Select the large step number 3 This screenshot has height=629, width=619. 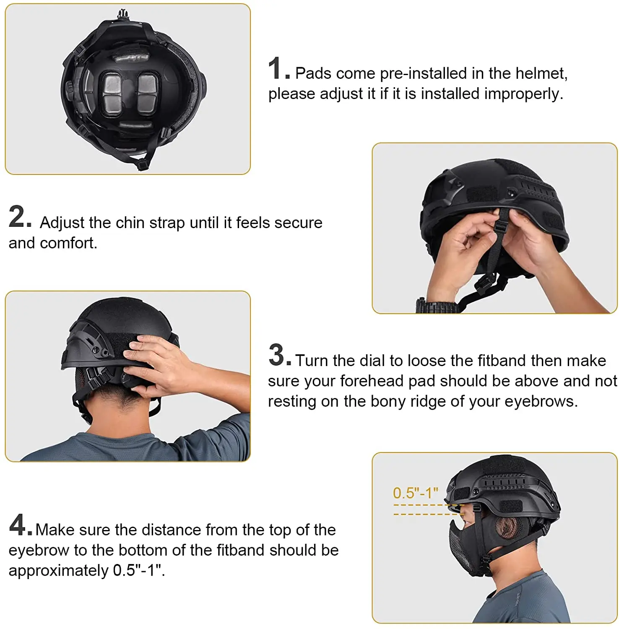pos(277,355)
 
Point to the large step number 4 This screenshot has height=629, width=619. pos(18,525)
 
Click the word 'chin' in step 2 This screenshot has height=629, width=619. pos(130,223)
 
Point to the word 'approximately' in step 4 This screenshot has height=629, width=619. pos(58,571)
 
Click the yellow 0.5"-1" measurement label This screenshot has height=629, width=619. pos(415,493)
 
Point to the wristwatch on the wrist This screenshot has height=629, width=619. pos(436,306)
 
